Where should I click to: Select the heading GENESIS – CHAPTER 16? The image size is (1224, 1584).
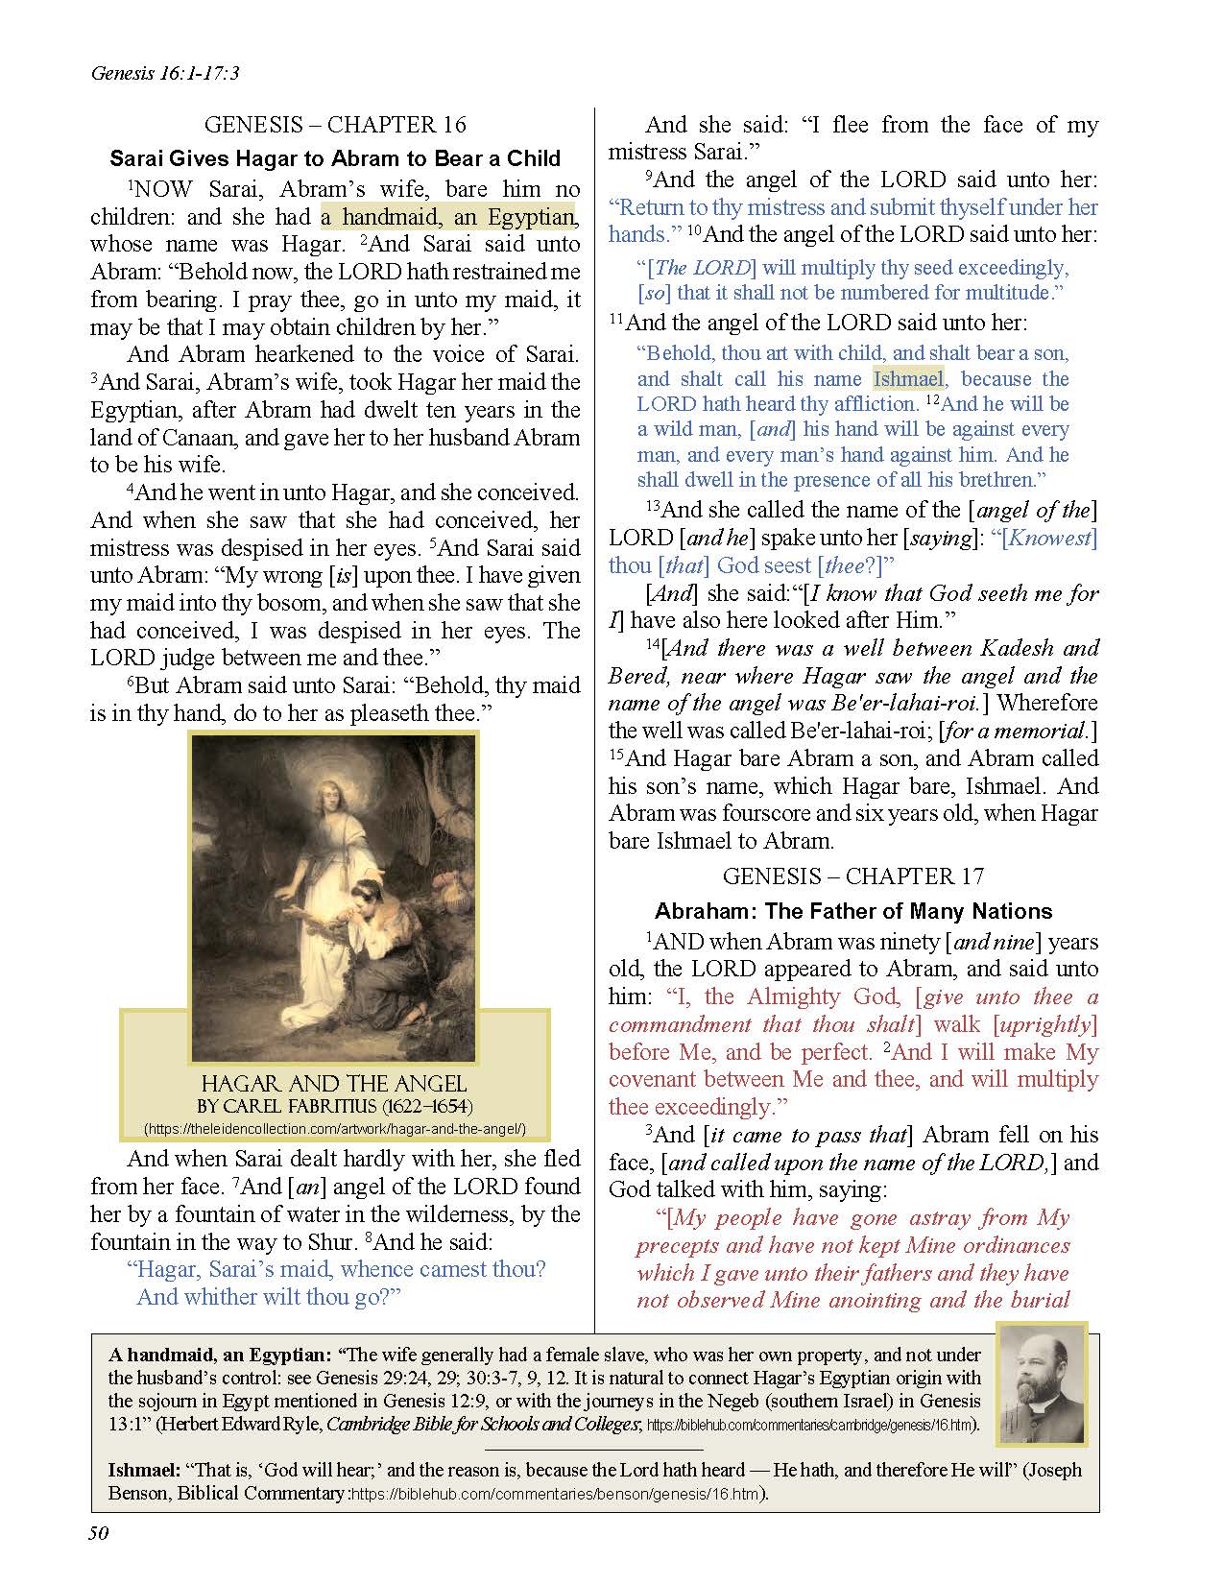click(335, 125)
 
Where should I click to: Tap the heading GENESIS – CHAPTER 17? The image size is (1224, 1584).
click(852, 876)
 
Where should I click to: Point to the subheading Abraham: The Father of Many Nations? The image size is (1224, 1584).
click(852, 911)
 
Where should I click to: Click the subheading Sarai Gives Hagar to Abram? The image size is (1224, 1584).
click(335, 157)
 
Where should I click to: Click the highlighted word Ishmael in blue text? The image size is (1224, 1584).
click(908, 379)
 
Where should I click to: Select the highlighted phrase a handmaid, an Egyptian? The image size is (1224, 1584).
click(446, 217)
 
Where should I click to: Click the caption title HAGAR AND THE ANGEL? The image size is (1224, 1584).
click(334, 1084)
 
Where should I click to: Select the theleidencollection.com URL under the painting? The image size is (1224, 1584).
click(334, 1129)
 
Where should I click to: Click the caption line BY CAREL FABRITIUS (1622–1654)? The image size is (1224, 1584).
click(334, 1107)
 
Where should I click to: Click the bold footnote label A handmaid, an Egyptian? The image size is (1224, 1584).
click(220, 1356)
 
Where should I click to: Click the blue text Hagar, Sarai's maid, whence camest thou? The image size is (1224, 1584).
click(337, 1269)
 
